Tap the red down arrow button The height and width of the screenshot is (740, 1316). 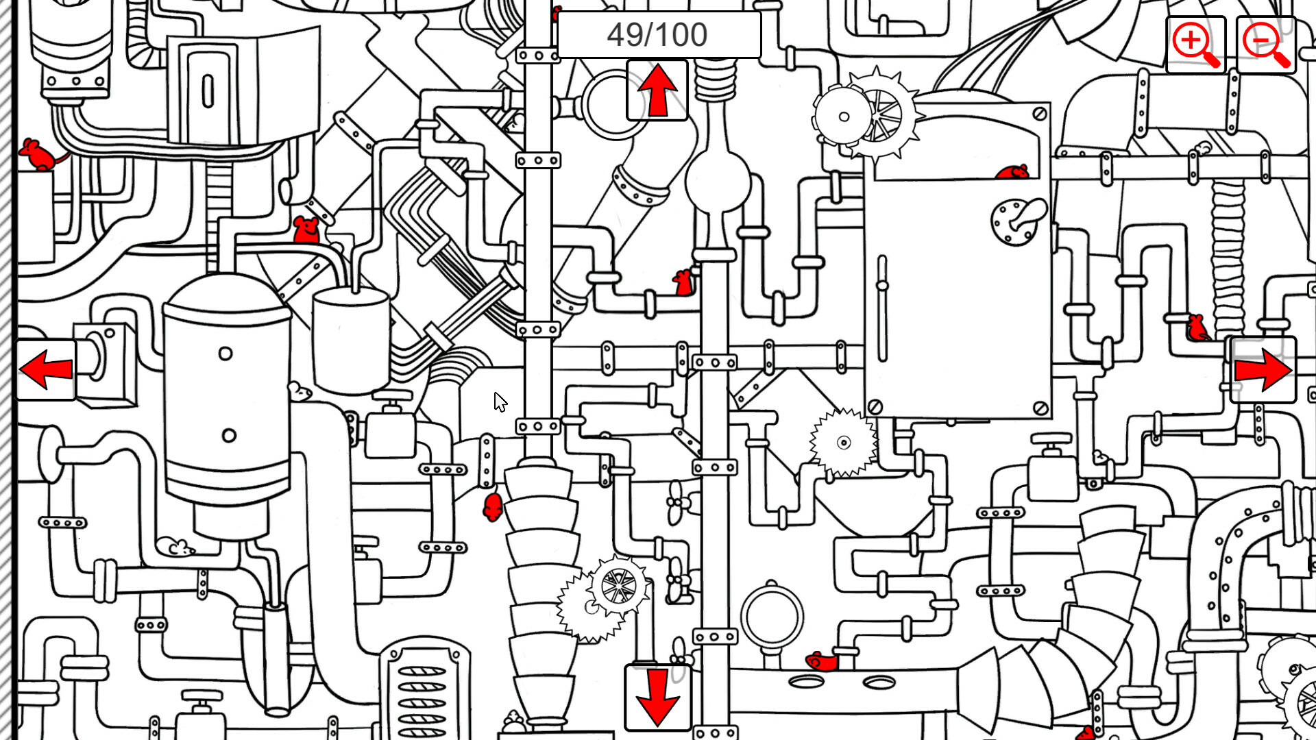click(x=657, y=697)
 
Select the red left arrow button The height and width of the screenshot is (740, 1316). click(x=46, y=370)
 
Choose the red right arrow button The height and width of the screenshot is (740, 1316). click(x=1263, y=370)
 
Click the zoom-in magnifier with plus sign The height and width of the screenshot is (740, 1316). click(x=1195, y=45)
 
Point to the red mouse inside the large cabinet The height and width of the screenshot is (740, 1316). click(x=1012, y=171)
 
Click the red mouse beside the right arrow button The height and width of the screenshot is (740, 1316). click(x=1197, y=328)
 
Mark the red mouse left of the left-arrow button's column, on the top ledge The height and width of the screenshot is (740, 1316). click(x=39, y=155)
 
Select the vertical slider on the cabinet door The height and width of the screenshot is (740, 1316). click(x=882, y=308)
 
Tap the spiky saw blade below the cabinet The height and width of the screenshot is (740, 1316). click(x=843, y=443)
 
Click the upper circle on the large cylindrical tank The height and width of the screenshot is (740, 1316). click(x=226, y=354)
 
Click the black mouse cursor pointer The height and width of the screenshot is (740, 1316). click(x=500, y=402)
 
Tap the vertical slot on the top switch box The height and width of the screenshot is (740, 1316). click(x=208, y=90)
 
